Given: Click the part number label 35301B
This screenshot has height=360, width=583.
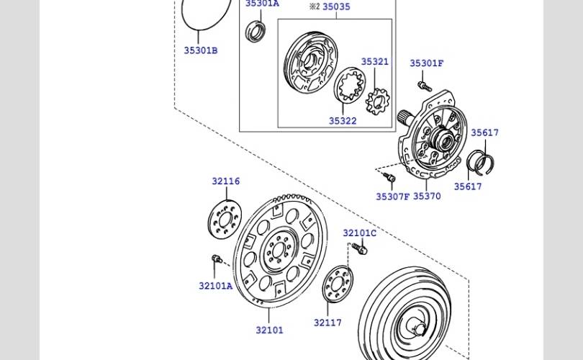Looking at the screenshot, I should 200,50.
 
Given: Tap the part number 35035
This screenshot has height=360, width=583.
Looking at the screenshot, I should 336,7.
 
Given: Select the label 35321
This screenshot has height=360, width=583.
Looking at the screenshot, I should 374,62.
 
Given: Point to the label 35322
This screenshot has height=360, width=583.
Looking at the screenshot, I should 343,121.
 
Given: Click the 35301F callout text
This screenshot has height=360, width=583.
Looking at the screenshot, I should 427,63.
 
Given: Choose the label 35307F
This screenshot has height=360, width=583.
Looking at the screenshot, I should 392,197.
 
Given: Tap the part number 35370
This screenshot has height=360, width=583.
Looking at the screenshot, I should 427,197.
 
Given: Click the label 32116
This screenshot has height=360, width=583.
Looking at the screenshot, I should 225,181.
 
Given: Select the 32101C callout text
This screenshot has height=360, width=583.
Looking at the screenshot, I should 359,233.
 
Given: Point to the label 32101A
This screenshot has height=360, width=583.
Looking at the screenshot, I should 215,286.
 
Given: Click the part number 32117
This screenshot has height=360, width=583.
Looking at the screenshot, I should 327,323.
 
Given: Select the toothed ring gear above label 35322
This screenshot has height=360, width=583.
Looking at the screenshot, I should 350,85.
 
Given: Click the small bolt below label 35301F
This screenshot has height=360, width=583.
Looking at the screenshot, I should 425,86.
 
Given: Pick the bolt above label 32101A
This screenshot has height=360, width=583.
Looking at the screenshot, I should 216,259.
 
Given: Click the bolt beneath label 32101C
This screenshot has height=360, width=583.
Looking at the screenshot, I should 360,248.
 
